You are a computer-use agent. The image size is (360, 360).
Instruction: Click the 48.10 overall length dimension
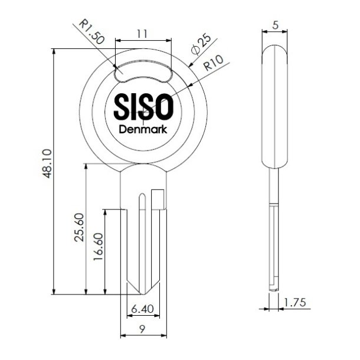click(48, 163)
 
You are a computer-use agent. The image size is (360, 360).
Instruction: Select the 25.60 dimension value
click(80, 227)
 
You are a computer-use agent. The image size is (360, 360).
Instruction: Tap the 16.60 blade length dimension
click(98, 247)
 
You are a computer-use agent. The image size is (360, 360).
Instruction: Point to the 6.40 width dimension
click(143, 309)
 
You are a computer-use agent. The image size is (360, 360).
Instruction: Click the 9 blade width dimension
click(142, 329)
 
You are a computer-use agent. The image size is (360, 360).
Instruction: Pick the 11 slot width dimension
click(142, 34)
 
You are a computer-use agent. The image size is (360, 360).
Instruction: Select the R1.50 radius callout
click(91, 32)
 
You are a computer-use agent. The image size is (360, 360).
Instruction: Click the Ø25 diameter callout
click(201, 44)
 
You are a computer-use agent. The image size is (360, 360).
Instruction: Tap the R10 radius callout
click(214, 63)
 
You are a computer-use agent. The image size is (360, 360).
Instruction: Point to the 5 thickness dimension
click(275, 25)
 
